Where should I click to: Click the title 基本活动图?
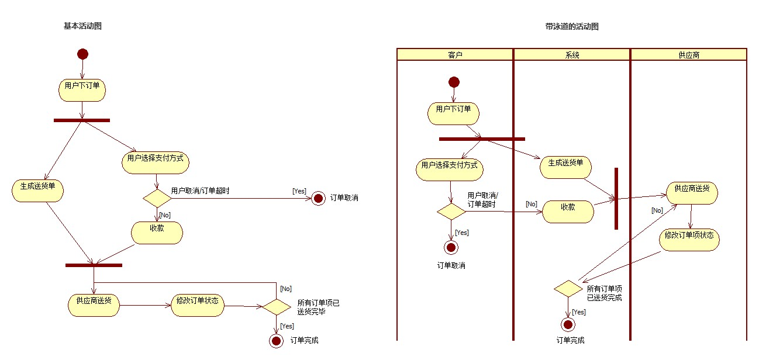82,26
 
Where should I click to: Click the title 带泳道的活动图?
571,26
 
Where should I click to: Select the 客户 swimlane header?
455,55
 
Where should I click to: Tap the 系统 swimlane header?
572,55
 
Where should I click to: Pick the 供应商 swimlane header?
689,55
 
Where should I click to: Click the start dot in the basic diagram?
82,54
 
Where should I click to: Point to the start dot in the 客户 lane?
453,82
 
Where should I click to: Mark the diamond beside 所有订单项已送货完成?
568,289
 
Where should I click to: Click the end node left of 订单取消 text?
318,199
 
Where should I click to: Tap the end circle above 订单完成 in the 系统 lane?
567,324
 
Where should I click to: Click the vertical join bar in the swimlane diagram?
616,199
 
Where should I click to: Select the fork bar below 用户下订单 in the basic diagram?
82,120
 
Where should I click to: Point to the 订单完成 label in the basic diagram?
304,340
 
